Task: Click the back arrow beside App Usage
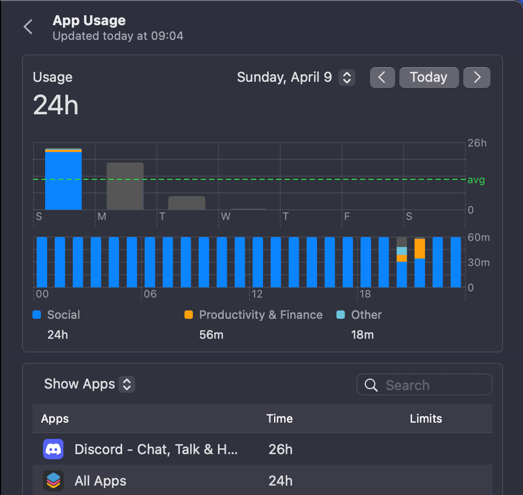(x=28, y=27)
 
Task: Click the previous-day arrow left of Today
(x=382, y=78)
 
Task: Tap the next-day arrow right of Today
(x=477, y=78)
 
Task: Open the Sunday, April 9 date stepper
(x=346, y=78)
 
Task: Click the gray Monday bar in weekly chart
(x=125, y=186)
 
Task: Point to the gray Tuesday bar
(x=187, y=203)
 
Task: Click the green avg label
(x=476, y=180)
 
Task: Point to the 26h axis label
(x=477, y=143)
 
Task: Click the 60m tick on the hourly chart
(x=478, y=238)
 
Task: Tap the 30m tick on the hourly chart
(x=478, y=263)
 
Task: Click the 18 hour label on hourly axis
(x=365, y=294)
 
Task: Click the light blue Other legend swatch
(x=341, y=315)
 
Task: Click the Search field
(x=424, y=385)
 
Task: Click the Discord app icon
(x=53, y=449)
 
